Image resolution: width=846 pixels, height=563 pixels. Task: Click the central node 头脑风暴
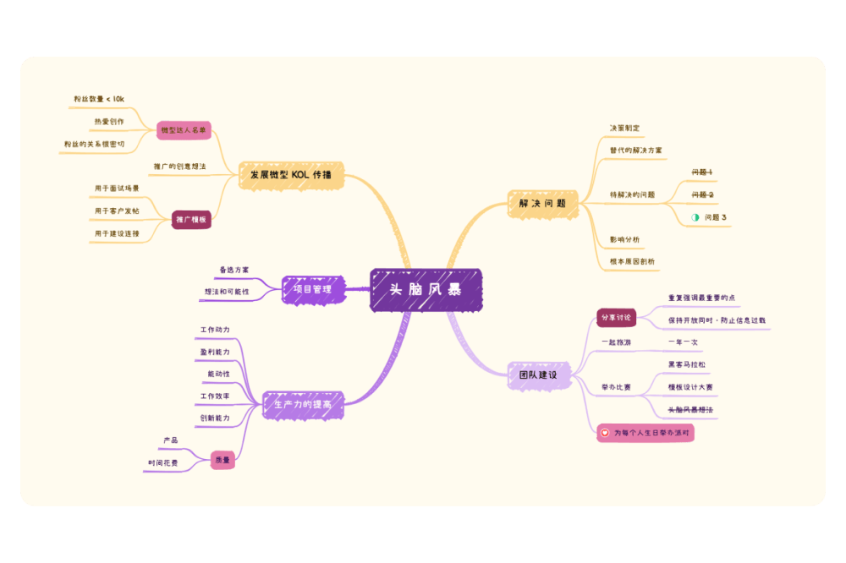pyautogui.click(x=426, y=289)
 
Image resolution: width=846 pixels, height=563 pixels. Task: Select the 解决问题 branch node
pyautogui.click(x=537, y=204)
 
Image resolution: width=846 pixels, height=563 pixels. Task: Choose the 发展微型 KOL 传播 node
pyautogui.click(x=290, y=176)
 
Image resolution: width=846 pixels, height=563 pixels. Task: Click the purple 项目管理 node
pyautogui.click(x=312, y=289)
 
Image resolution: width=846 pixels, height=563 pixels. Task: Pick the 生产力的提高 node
pyautogui.click(x=302, y=405)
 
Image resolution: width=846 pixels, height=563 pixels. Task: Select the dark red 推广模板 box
pyautogui.click(x=191, y=220)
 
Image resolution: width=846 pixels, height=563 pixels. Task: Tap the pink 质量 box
pyautogui.click(x=222, y=460)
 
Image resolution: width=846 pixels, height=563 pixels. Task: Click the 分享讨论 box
pyautogui.click(x=616, y=318)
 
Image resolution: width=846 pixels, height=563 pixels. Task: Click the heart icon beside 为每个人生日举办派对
pyautogui.click(x=604, y=433)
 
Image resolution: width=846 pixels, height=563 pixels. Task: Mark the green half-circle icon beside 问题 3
pyautogui.click(x=695, y=217)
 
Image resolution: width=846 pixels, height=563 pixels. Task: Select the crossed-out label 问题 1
pyautogui.click(x=701, y=172)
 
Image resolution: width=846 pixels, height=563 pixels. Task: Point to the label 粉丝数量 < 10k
pyautogui.click(x=98, y=99)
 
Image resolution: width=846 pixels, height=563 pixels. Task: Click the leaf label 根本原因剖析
pyautogui.click(x=632, y=261)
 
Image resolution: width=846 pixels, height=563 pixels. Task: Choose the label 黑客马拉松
pyautogui.click(x=686, y=364)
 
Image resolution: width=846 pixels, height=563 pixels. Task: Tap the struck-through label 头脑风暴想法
pyautogui.click(x=690, y=409)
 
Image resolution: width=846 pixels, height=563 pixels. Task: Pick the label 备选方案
pyautogui.click(x=234, y=270)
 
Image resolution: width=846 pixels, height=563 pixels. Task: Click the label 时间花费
pyautogui.click(x=163, y=462)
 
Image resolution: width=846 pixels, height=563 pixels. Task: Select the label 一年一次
pyautogui.click(x=683, y=342)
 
